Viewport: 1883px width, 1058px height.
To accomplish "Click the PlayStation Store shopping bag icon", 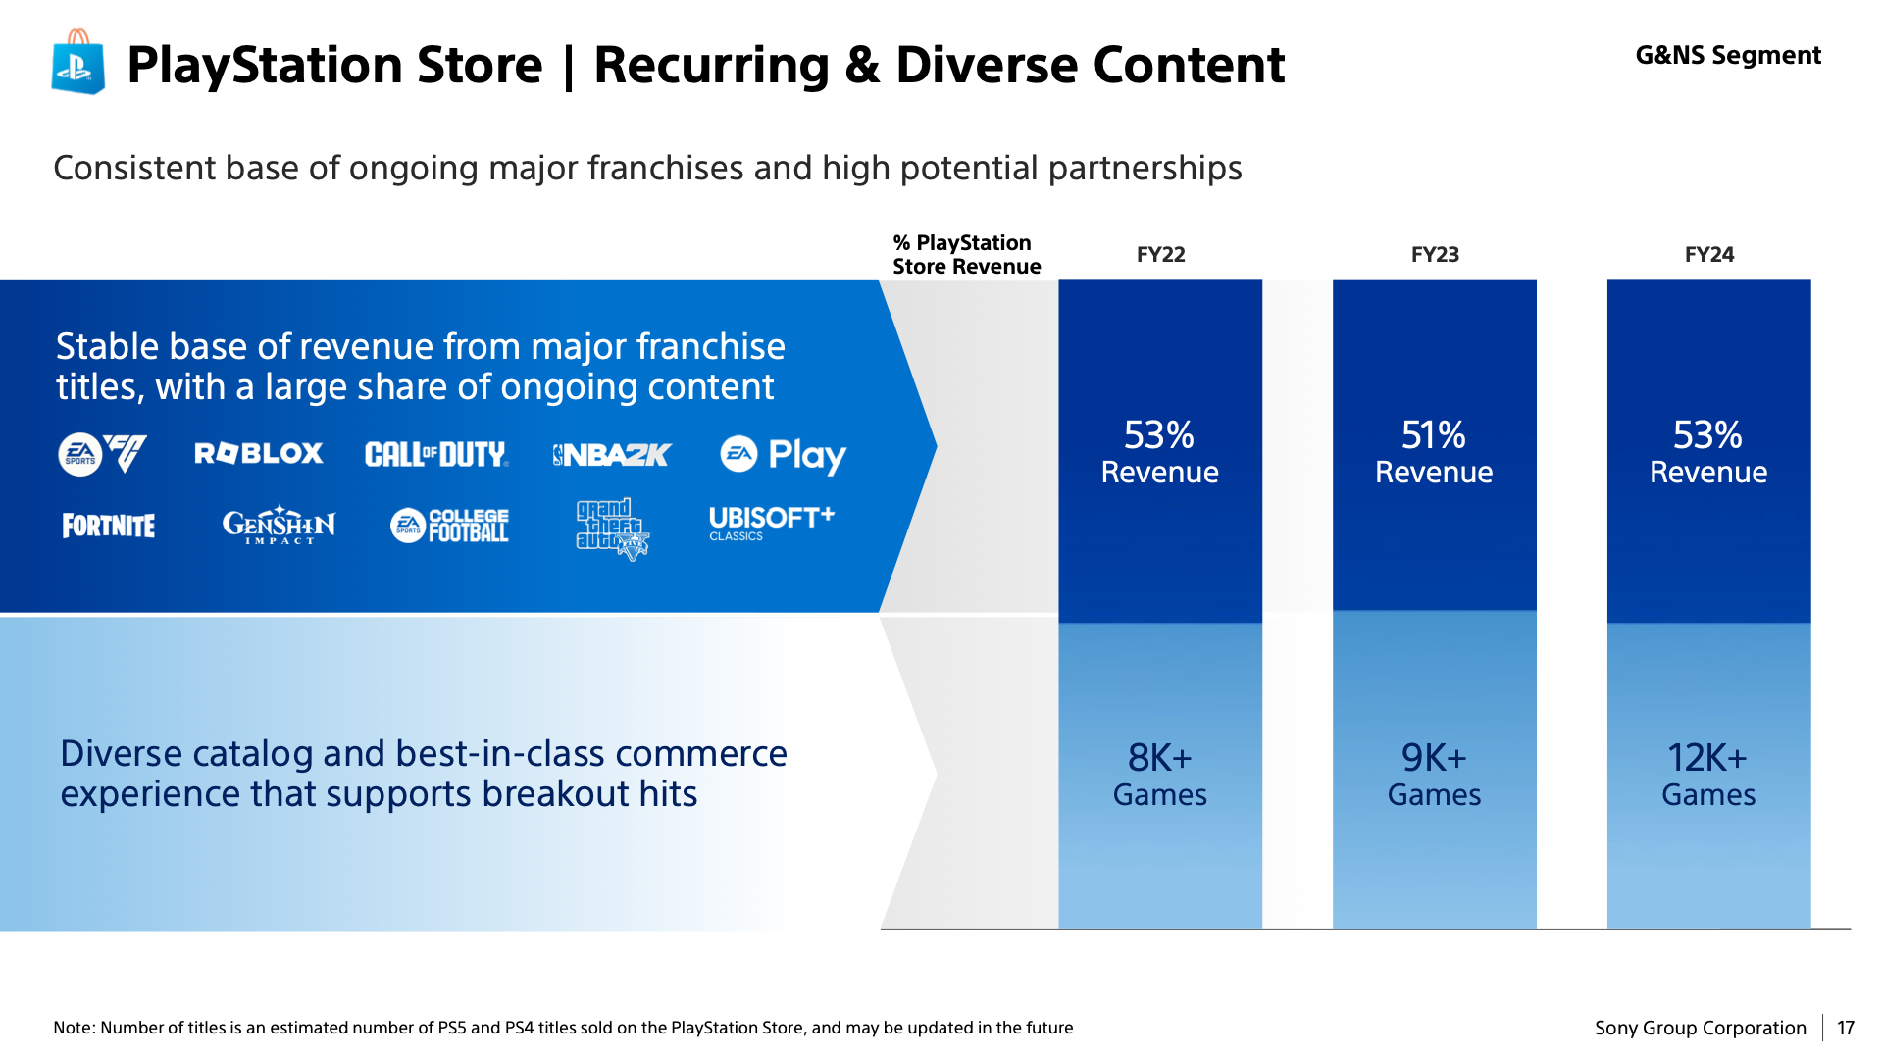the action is (x=78, y=62).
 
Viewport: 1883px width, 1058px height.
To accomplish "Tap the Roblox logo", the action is (x=259, y=453).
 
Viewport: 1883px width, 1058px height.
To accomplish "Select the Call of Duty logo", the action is (x=436, y=454).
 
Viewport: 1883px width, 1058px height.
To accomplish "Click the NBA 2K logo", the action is (x=612, y=455).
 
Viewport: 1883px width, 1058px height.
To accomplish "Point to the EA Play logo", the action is (x=784, y=455).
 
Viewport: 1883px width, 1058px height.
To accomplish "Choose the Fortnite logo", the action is (x=109, y=526).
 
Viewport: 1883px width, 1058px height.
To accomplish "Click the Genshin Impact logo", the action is (x=279, y=525).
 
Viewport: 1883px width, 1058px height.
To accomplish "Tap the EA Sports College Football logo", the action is (x=450, y=525).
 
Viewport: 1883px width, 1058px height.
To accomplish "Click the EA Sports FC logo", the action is (x=103, y=454).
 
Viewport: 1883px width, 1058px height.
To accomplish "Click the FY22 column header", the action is (x=1161, y=255).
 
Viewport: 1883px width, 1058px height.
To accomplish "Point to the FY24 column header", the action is (x=1709, y=255).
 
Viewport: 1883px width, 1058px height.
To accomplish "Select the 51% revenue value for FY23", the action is (x=1434, y=452).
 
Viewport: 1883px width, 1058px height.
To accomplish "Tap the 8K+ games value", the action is (x=1160, y=775).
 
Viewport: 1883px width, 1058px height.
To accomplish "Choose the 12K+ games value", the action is (x=1708, y=775).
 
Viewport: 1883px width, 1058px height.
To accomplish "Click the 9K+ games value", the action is (x=1434, y=775).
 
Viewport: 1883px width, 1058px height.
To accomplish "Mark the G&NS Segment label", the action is (x=1728, y=55).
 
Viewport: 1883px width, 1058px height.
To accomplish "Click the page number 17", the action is (x=1846, y=1028).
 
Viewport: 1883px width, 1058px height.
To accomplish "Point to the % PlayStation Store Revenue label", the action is (x=967, y=255).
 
